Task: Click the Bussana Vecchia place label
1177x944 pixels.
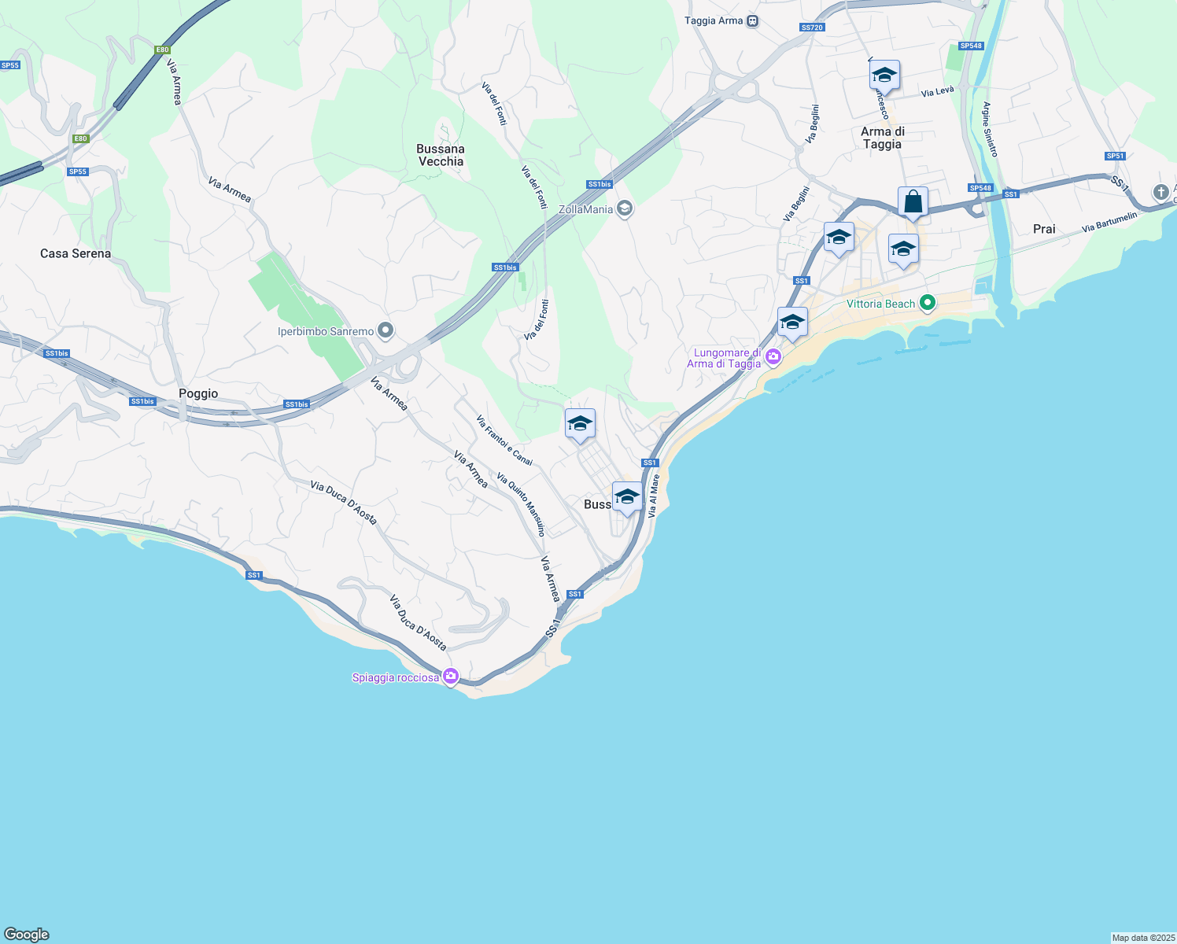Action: pyautogui.click(x=441, y=155)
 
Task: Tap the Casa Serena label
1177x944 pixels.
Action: pyautogui.click(x=76, y=253)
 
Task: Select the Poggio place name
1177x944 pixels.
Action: pyautogui.click(x=198, y=393)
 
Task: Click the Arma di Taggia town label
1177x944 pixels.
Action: pyautogui.click(x=882, y=138)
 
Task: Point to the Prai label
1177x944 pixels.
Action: pyautogui.click(x=1044, y=229)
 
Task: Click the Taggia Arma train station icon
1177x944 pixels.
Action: pyautogui.click(x=753, y=21)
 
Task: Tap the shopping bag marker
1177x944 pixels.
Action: pyautogui.click(x=913, y=201)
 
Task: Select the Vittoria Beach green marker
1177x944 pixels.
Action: pyautogui.click(x=928, y=303)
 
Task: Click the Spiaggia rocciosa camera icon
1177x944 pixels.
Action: pyautogui.click(x=451, y=676)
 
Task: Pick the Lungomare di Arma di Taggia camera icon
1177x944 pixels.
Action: pyautogui.click(x=773, y=357)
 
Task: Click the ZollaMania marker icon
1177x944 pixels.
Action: pyautogui.click(x=625, y=208)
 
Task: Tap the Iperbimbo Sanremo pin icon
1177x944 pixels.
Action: pyautogui.click(x=386, y=331)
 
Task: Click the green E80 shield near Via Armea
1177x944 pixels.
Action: pyautogui.click(x=162, y=50)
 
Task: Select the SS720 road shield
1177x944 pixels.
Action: pyautogui.click(x=811, y=28)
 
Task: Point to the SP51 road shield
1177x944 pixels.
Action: pyautogui.click(x=1115, y=156)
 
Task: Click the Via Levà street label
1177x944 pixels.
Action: pyautogui.click(x=937, y=92)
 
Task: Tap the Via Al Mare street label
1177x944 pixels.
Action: pyautogui.click(x=654, y=496)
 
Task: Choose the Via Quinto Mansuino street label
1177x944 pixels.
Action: pyautogui.click(x=521, y=503)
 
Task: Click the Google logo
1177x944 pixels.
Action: pyautogui.click(x=27, y=935)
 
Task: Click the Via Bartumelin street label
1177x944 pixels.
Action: pyautogui.click(x=1109, y=222)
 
